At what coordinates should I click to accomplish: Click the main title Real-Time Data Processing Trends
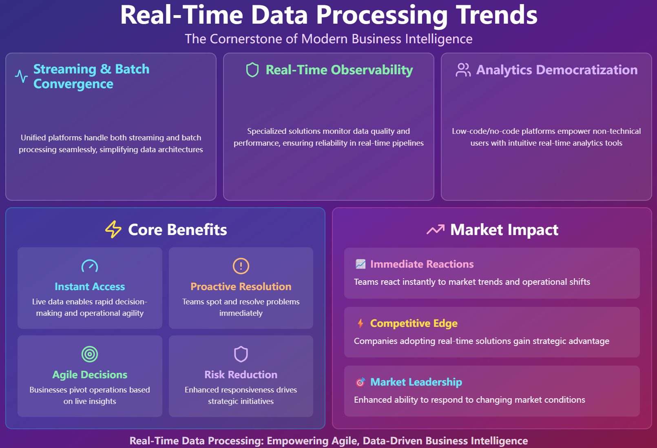[x=329, y=15]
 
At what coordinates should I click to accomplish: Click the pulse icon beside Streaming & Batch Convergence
[x=21, y=76]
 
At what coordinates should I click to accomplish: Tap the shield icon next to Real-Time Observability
[x=252, y=70]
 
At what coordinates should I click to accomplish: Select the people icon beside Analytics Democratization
[x=463, y=70]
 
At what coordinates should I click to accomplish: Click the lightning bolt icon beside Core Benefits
[x=113, y=229]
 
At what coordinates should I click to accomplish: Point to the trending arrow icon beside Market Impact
[x=435, y=230]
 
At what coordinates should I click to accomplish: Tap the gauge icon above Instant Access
[x=90, y=266]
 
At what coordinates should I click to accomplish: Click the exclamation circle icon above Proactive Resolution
[x=241, y=266]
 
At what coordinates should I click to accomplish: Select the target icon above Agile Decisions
[x=90, y=354]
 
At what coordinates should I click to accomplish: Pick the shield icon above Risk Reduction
[x=241, y=354]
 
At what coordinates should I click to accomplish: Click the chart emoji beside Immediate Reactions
[x=361, y=264]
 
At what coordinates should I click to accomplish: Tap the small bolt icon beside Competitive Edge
[x=361, y=324]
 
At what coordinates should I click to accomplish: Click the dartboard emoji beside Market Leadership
[x=361, y=382]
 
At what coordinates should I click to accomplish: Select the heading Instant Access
[x=90, y=286]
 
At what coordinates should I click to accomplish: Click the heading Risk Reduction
[x=241, y=375]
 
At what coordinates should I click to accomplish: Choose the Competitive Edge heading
[x=414, y=323]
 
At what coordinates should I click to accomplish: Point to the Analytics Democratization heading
[x=557, y=70]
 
